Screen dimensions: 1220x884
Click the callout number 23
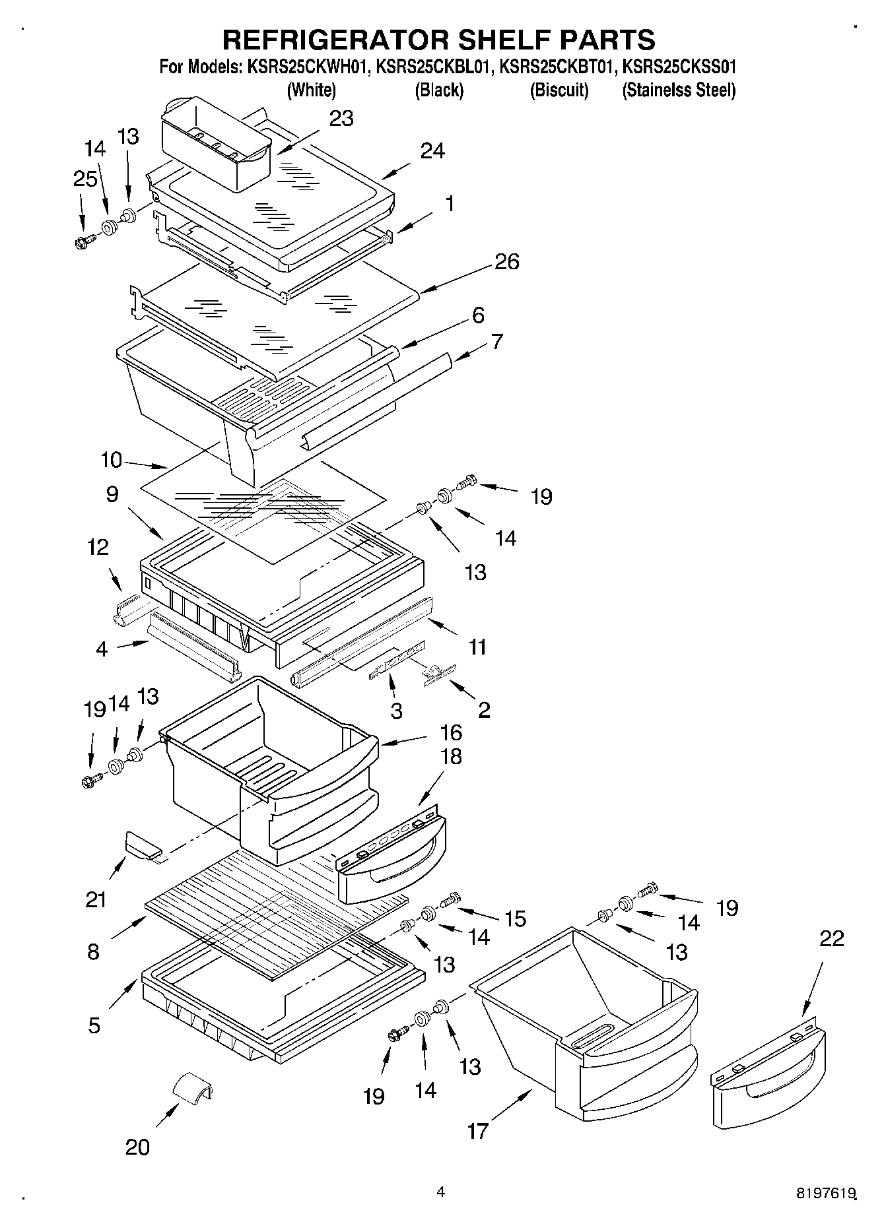point(341,119)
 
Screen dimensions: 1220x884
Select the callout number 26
point(506,262)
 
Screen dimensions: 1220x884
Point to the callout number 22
point(831,938)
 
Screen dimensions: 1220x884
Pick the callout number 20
point(137,1147)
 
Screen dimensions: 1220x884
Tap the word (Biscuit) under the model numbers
point(559,90)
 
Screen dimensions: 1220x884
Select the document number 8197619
point(826,1193)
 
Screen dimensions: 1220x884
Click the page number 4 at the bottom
point(440,1192)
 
